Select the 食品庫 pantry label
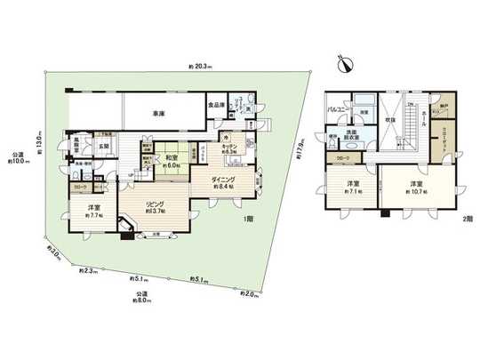click(x=217, y=105)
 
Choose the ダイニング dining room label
click(x=222, y=179)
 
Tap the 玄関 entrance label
click(x=103, y=148)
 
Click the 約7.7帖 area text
click(x=92, y=215)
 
